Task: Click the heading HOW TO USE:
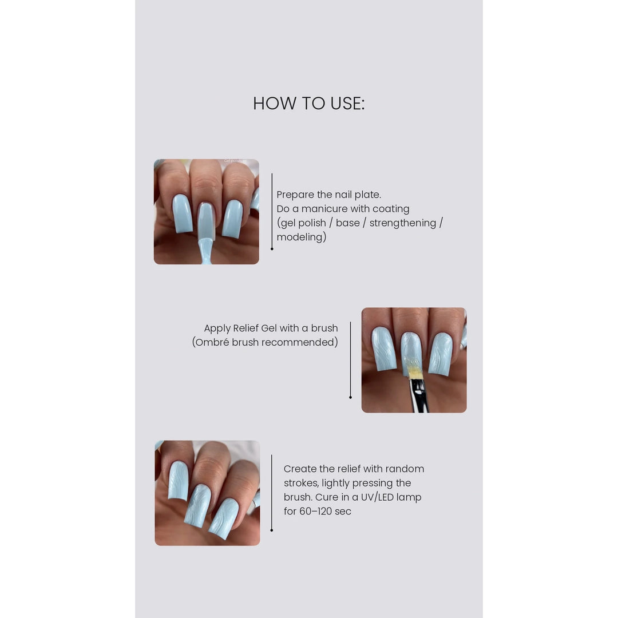pos(308,103)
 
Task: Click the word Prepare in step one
pos(295,195)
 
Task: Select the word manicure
pos(324,208)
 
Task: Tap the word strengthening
pos(402,223)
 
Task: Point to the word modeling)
pos(302,237)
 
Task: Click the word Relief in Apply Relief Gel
pos(245,328)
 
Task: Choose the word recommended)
pos(300,342)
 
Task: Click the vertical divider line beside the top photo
pos(272,211)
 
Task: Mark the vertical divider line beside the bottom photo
pos(272,493)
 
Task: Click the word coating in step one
pos(391,209)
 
